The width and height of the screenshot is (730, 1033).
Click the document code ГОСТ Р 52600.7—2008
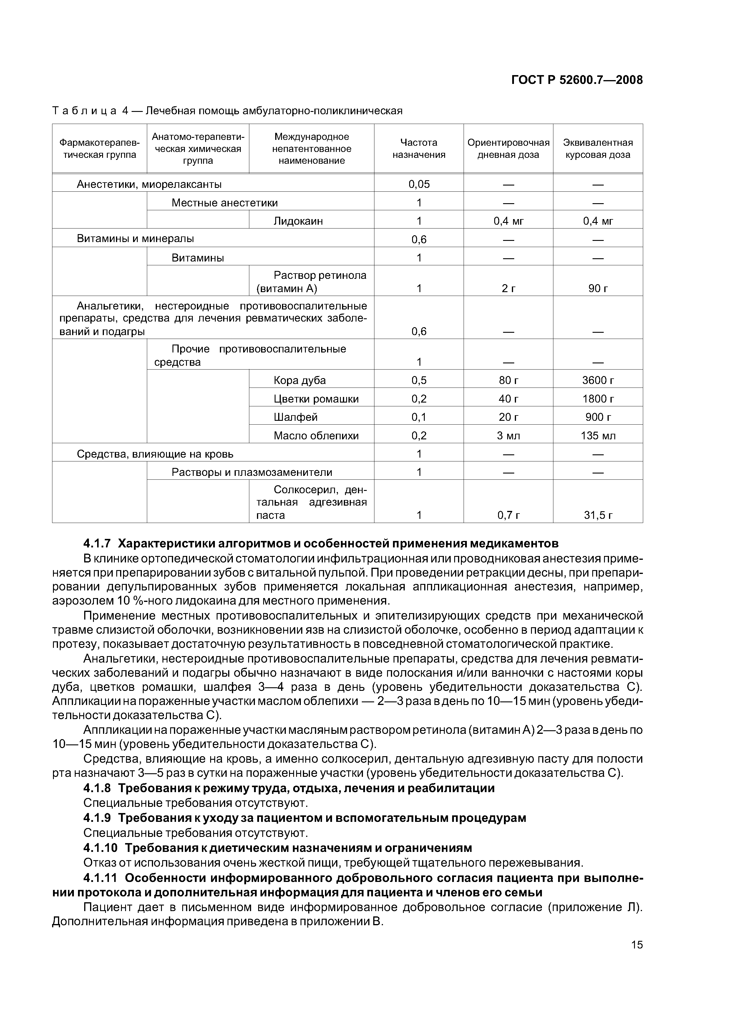pos(577,80)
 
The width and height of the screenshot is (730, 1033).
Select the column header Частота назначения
pos(419,148)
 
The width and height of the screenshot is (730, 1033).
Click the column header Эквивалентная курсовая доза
pos(598,148)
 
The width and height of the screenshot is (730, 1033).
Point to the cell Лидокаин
pos(298,221)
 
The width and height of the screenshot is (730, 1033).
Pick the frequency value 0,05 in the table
pos(419,184)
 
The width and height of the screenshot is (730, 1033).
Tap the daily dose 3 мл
pos(508,436)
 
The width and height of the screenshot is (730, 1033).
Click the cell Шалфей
pos(296,417)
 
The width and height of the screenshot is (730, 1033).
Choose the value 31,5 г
pos(598,515)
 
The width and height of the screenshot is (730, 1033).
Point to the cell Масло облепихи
pos(316,436)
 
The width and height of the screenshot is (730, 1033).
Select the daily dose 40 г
pos(508,399)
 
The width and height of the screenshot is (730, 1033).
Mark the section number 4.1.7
pos(97,544)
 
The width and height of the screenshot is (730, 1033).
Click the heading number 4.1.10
pos(100,848)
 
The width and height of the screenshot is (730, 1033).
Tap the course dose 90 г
pos(598,288)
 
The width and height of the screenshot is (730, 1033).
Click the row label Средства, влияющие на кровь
pos(155,454)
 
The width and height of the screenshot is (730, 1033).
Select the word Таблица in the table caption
pos(84,111)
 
